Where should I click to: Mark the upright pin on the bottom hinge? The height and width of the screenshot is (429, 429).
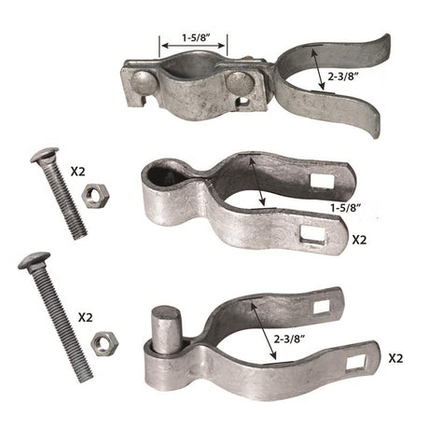[x=164, y=326]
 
